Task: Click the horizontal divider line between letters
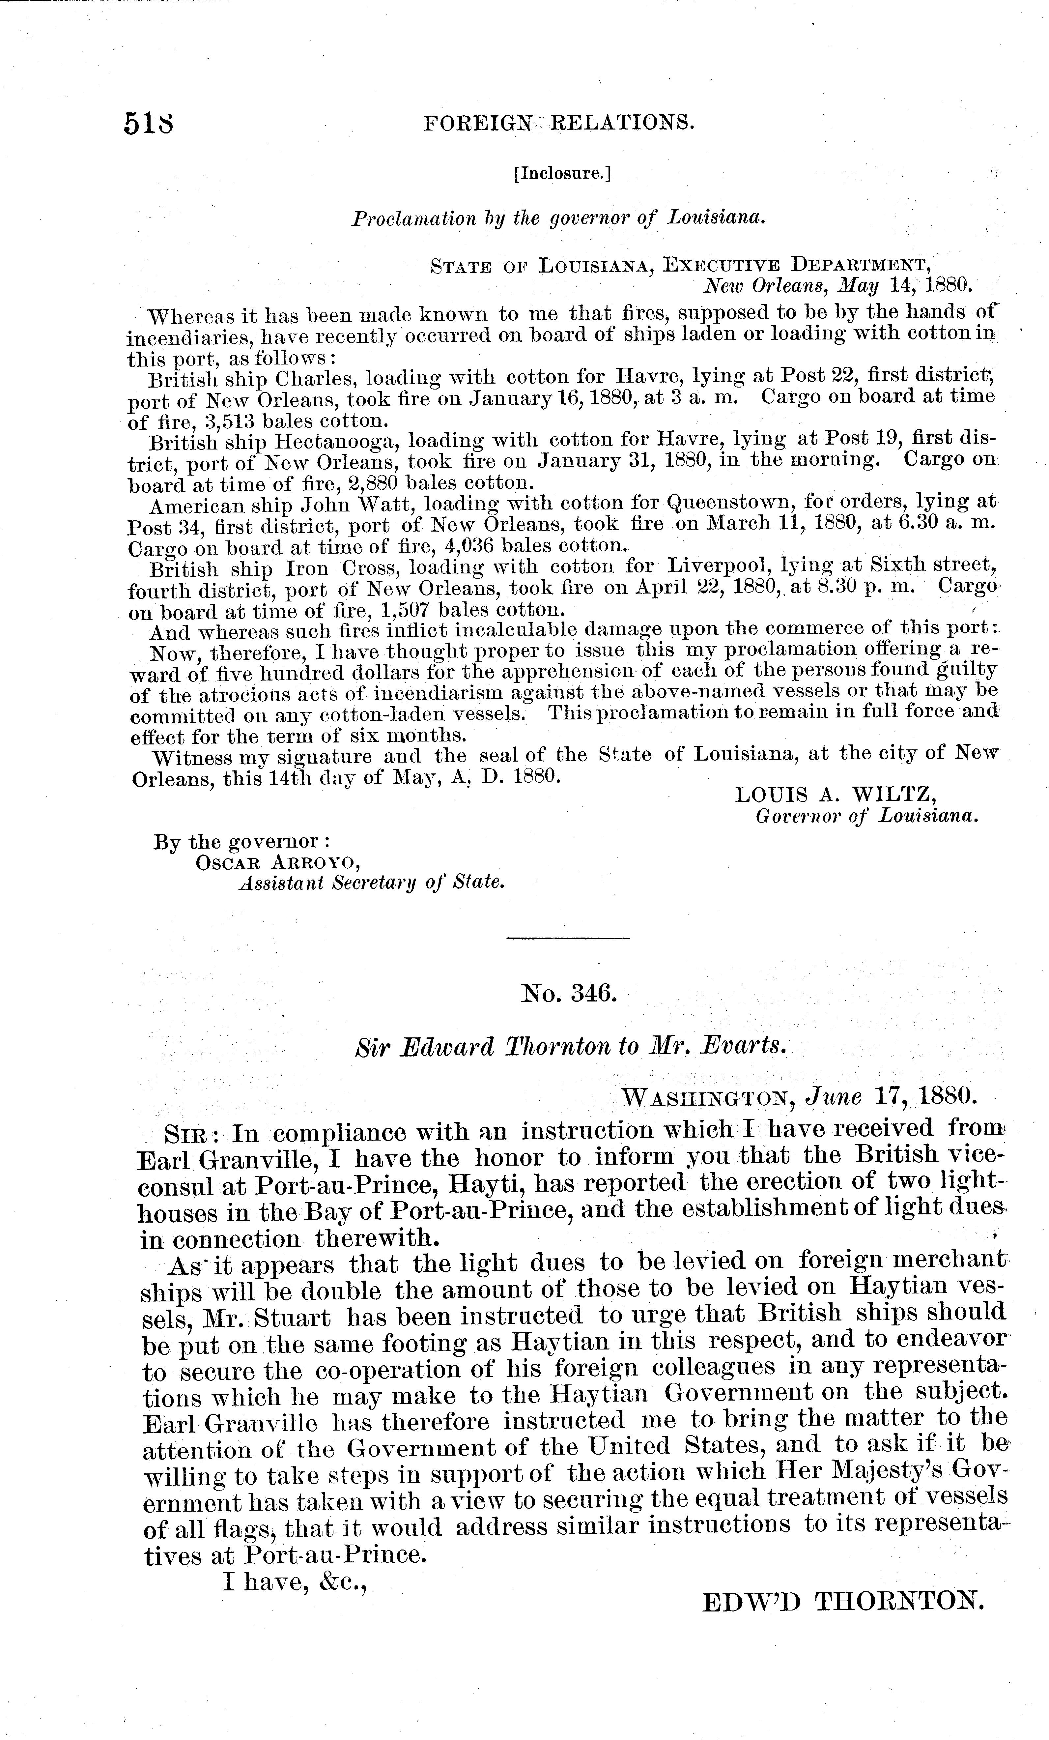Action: pos(568,938)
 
